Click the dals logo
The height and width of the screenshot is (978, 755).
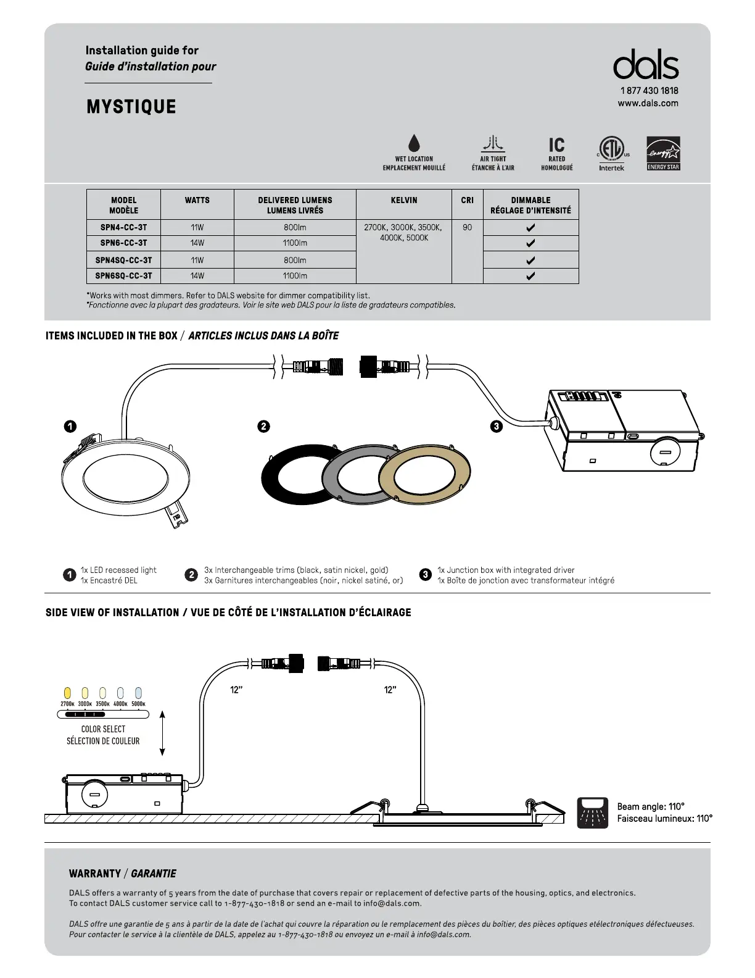point(645,65)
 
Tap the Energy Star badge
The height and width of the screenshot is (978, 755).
point(663,153)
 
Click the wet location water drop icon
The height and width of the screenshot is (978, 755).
point(414,143)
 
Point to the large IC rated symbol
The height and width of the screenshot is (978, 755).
point(556,145)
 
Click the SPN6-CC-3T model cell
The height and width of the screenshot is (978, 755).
point(123,243)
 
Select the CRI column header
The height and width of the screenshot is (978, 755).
point(467,200)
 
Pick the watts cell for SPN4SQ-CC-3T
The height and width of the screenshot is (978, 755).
point(197,260)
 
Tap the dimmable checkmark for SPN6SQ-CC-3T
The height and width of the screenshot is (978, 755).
point(530,276)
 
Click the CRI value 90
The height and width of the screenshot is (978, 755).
point(467,228)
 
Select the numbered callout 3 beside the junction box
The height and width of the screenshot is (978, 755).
point(497,426)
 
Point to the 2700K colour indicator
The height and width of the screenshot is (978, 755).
point(68,693)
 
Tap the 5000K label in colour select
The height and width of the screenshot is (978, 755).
point(138,704)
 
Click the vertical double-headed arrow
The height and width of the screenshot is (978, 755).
point(162,733)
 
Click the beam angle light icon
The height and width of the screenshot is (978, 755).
point(592,813)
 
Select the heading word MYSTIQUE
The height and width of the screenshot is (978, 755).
point(131,107)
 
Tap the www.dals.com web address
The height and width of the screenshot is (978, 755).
point(648,103)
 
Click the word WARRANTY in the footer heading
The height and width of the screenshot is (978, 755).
point(95,874)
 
